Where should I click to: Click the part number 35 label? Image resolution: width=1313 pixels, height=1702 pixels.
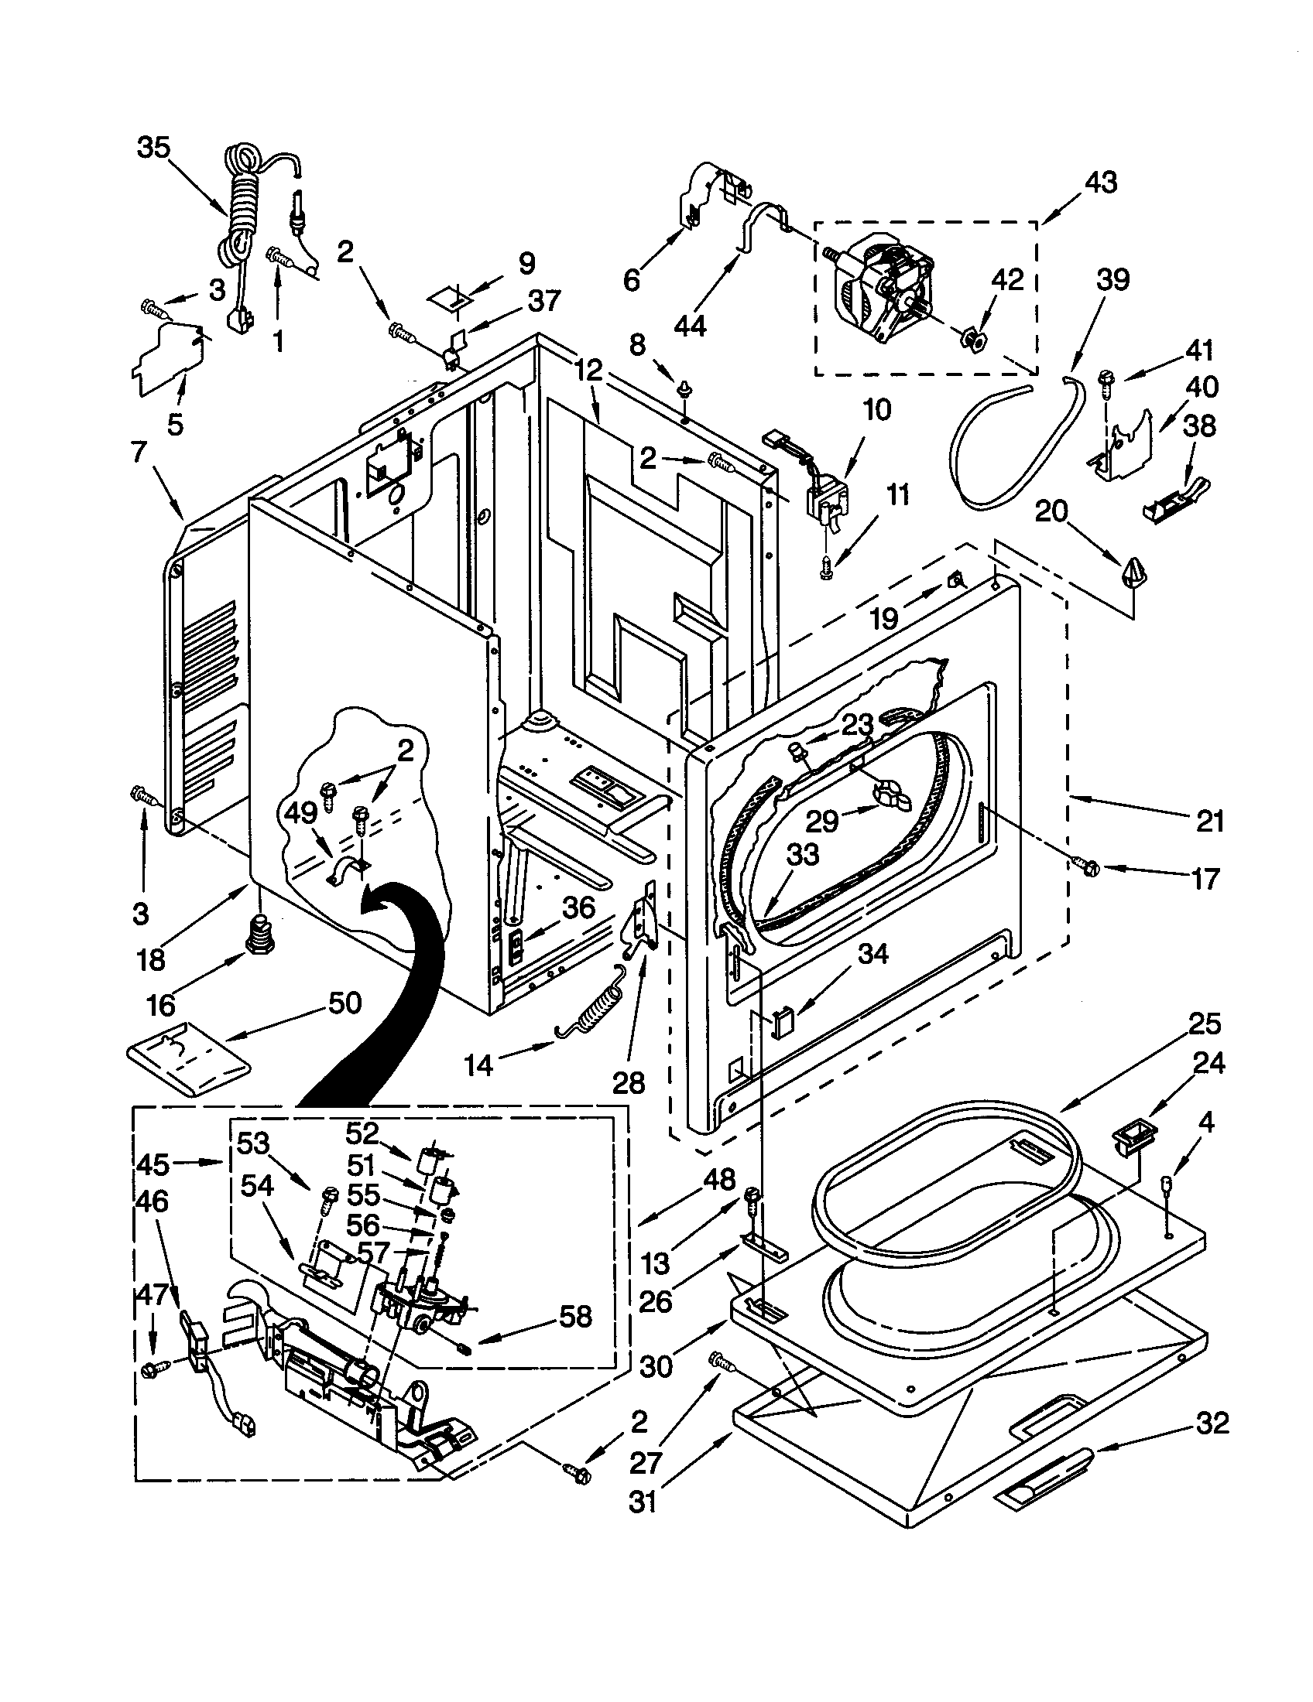click(153, 147)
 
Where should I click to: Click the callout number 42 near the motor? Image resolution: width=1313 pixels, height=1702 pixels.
click(1006, 279)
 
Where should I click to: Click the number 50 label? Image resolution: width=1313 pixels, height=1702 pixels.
click(344, 1003)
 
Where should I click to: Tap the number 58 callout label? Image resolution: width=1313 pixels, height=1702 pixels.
click(574, 1316)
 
